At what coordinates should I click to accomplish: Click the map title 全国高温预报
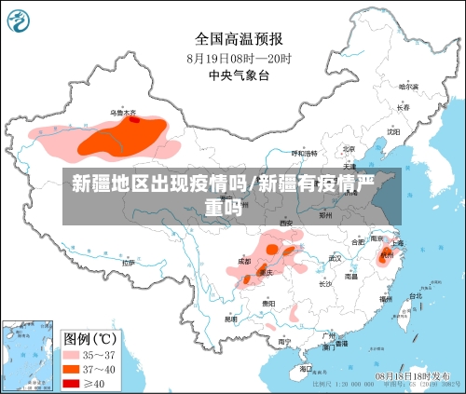[x=240, y=39]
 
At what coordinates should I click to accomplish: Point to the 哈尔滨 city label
[x=408, y=87]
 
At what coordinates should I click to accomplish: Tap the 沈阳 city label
[x=393, y=131]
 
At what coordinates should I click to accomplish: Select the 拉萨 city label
[x=128, y=263]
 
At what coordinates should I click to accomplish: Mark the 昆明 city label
[x=230, y=319]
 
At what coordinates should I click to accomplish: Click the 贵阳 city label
[x=269, y=303]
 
